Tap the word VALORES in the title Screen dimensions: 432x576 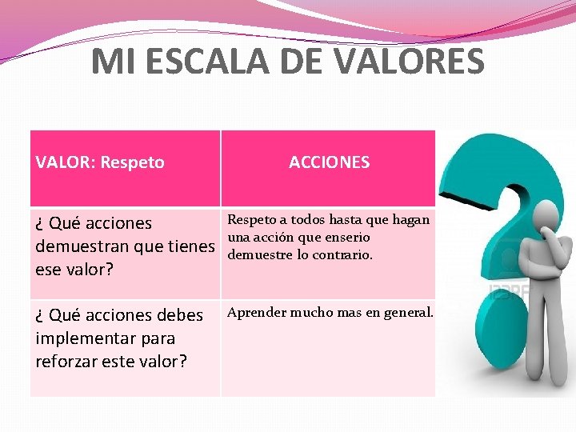point(405,62)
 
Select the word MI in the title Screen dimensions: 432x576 point(109,62)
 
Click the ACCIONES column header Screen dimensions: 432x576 point(329,162)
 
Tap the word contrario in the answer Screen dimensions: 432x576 point(342,255)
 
